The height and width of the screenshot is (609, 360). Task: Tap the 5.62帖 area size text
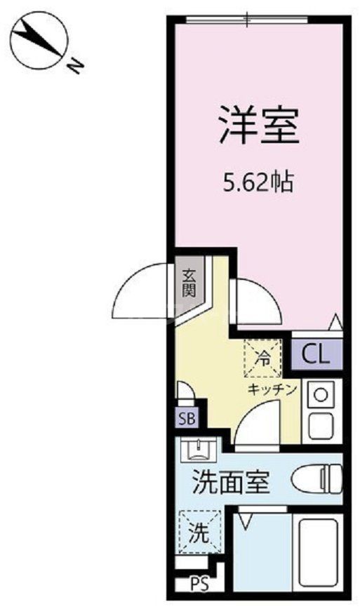[x=258, y=184]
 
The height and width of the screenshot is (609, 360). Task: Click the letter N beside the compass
[x=75, y=65]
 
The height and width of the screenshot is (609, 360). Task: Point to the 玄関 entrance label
[x=189, y=284]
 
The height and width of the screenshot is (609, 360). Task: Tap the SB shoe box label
[x=187, y=420]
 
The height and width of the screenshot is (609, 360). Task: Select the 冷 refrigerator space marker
[x=262, y=358]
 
